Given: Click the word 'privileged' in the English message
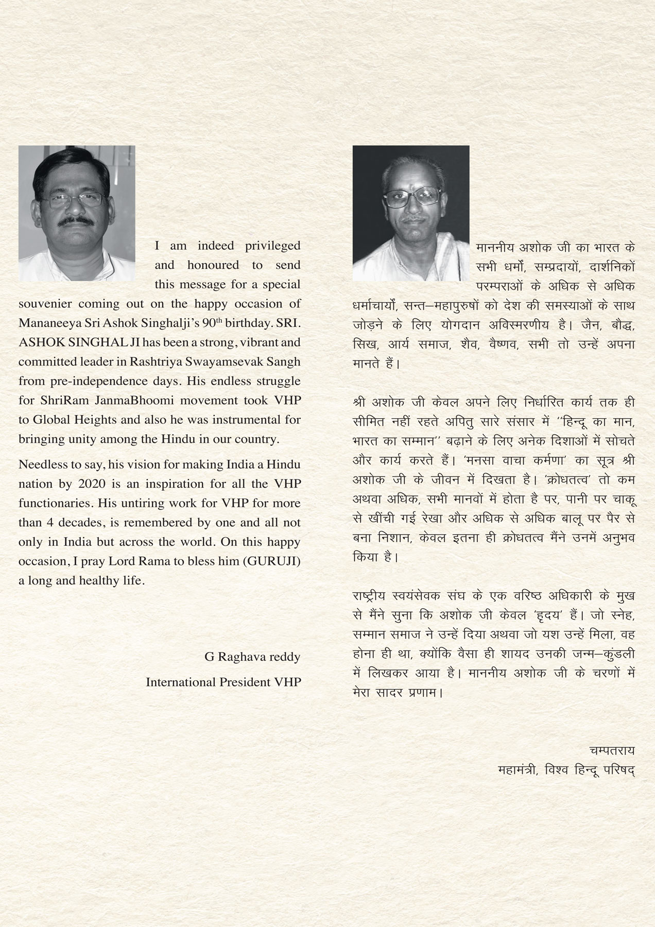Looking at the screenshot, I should pyautogui.click(x=272, y=246).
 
